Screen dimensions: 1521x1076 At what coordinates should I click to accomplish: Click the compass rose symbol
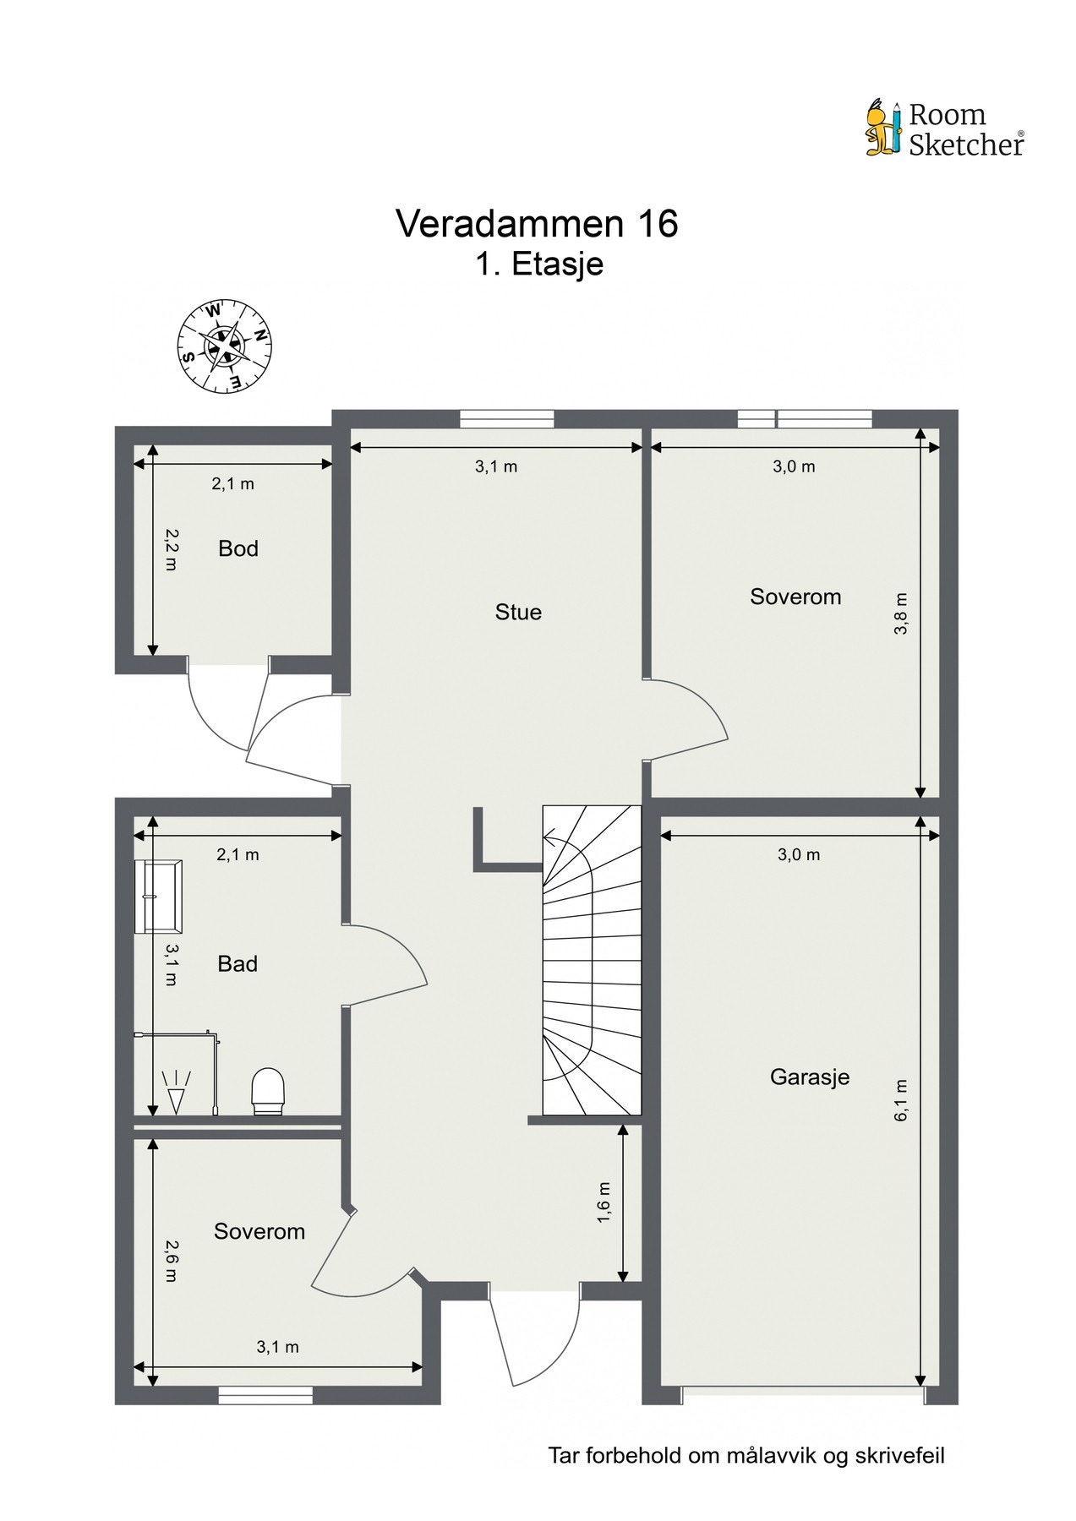click(x=223, y=346)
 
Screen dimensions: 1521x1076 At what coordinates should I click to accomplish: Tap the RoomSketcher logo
click(x=945, y=129)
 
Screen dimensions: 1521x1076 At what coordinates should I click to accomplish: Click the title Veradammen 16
click(x=537, y=224)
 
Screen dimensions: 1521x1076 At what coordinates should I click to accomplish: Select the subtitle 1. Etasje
click(x=538, y=264)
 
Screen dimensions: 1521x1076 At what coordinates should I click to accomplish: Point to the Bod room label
click(x=238, y=548)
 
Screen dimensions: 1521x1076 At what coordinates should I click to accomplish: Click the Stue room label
click(x=518, y=612)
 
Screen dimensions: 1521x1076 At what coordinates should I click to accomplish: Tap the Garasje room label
click(x=810, y=1077)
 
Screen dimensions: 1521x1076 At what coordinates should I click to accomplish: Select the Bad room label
click(x=238, y=963)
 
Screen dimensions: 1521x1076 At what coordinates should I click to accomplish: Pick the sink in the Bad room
click(x=157, y=896)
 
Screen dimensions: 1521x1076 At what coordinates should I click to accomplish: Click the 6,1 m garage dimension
click(x=901, y=1099)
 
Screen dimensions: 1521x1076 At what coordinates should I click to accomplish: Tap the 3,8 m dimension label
click(x=901, y=613)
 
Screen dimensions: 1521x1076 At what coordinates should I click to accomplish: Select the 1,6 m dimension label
click(x=603, y=1202)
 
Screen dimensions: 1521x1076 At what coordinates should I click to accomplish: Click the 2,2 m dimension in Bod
click(x=171, y=549)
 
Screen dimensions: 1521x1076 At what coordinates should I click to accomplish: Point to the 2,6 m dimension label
click(x=171, y=1261)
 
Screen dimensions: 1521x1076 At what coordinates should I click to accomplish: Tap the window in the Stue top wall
click(x=507, y=418)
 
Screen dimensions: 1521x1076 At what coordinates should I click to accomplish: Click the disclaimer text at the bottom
click(x=746, y=1455)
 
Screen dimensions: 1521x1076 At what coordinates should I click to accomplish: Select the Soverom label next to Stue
click(x=795, y=597)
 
